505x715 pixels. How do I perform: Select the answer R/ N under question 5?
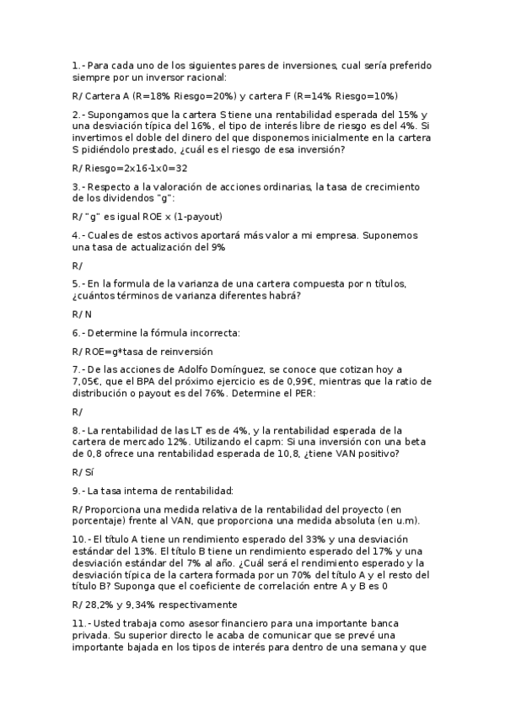click(x=82, y=314)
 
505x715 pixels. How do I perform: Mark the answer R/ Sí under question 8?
click(x=83, y=472)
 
